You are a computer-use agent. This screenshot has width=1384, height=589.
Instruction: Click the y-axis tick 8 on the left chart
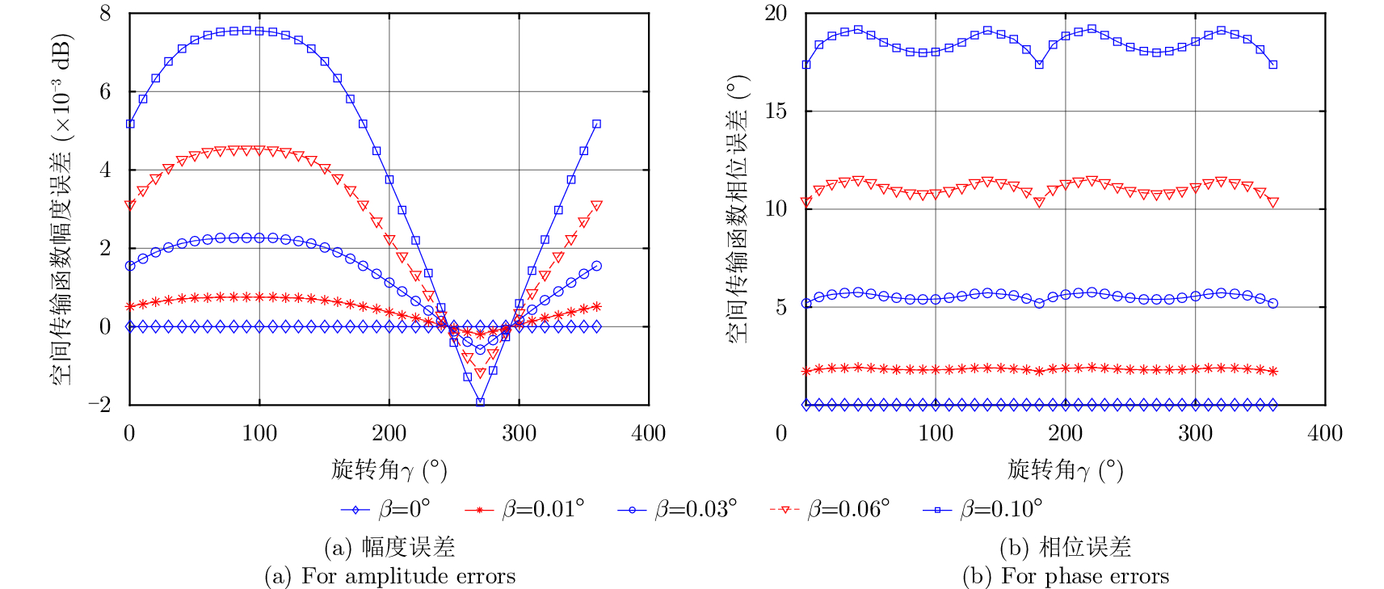coord(105,14)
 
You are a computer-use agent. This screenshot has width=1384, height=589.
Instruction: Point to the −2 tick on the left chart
coord(99,405)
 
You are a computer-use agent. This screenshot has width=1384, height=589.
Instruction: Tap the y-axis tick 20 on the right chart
coord(776,14)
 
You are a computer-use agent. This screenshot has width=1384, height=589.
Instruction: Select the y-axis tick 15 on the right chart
coord(776,111)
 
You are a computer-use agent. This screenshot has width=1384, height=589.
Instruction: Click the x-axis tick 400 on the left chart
coord(649,434)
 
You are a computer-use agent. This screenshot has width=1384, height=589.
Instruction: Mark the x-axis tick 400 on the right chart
coord(1325,434)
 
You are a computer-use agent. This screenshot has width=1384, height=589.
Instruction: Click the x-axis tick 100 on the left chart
coord(259,434)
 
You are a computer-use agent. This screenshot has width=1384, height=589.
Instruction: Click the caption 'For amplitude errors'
coord(389,576)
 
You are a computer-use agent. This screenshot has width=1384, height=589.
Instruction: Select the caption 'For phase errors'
coord(1066,576)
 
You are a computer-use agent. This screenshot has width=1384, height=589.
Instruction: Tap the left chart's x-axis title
coord(389,469)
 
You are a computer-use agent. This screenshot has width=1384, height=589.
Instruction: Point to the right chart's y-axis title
coord(738,208)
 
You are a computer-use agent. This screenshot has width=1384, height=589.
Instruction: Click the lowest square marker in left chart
coord(480,402)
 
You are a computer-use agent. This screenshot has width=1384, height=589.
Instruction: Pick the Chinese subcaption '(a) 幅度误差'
coord(389,548)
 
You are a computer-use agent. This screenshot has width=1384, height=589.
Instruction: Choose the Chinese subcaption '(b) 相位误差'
coord(1065,548)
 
